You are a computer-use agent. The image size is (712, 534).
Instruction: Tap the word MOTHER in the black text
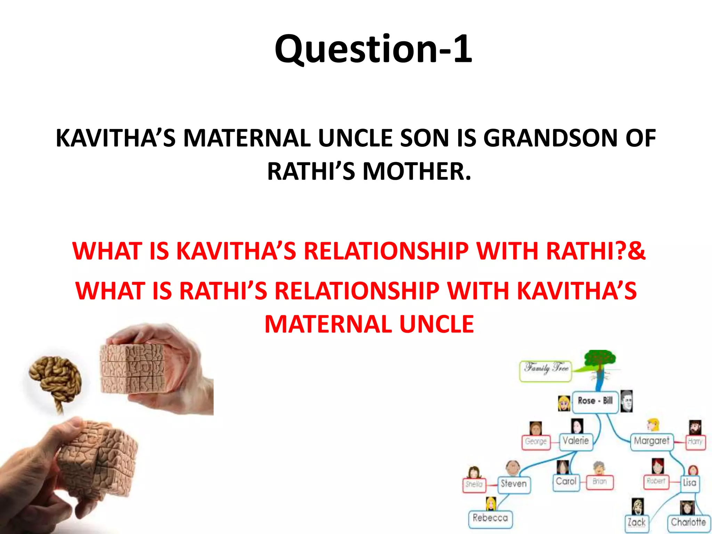click(417, 172)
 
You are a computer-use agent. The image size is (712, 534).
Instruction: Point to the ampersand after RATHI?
click(637, 251)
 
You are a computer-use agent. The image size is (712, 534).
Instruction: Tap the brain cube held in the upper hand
click(132, 372)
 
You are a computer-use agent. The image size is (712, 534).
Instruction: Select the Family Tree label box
click(546, 371)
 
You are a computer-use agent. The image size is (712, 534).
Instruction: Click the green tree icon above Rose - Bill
click(600, 362)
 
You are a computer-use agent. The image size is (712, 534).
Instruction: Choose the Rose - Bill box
click(595, 401)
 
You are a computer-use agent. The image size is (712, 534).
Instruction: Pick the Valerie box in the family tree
click(576, 441)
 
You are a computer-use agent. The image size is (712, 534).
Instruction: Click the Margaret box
click(652, 441)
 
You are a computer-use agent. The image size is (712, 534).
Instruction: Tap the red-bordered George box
click(536, 442)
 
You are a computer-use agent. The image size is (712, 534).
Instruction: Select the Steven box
click(513, 484)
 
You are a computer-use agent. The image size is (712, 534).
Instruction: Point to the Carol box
click(566, 482)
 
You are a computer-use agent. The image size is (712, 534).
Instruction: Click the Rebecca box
click(490, 518)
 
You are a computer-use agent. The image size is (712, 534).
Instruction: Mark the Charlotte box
click(688, 523)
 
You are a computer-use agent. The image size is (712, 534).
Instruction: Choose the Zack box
click(636, 523)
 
